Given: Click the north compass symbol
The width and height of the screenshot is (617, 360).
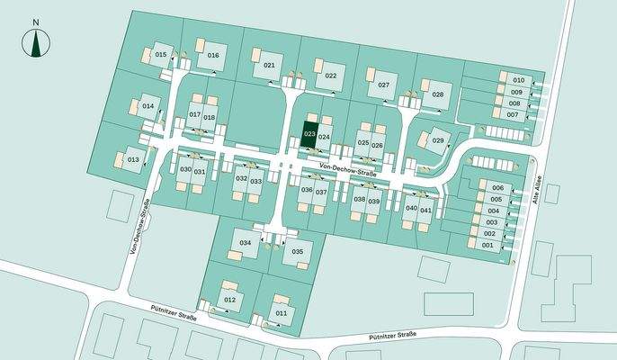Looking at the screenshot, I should tap(35, 41).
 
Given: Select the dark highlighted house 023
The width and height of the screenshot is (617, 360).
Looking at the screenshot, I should tap(309, 134).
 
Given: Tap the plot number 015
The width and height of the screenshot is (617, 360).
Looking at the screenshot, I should tap(161, 55).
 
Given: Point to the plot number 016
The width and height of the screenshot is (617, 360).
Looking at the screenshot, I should tap(213, 55).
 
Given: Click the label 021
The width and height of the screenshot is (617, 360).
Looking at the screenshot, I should tap(269, 66).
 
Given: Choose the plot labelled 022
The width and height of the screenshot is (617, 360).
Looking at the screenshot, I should tap(331, 76).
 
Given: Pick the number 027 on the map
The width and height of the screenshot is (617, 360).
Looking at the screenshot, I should tap(383, 85).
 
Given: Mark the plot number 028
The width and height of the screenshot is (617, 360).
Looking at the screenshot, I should tap(438, 94).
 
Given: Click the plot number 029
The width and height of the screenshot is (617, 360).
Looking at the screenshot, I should tap(438, 140).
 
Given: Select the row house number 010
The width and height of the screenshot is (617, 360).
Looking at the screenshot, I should tap(518, 80).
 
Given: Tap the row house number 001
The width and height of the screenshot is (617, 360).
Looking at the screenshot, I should tap(488, 245).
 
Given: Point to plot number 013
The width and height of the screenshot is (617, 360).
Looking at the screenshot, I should tap(132, 159).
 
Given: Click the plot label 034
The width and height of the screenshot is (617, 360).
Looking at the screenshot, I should tap(245, 243).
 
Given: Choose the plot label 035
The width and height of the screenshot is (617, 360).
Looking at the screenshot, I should tap(298, 251).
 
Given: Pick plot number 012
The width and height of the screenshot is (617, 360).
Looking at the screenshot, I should tap(229, 299).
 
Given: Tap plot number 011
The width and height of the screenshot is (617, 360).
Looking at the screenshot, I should tap(282, 312).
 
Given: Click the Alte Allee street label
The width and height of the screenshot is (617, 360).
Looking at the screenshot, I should tap(542, 192).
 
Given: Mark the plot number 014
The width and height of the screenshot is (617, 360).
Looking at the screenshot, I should tap(148, 106).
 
